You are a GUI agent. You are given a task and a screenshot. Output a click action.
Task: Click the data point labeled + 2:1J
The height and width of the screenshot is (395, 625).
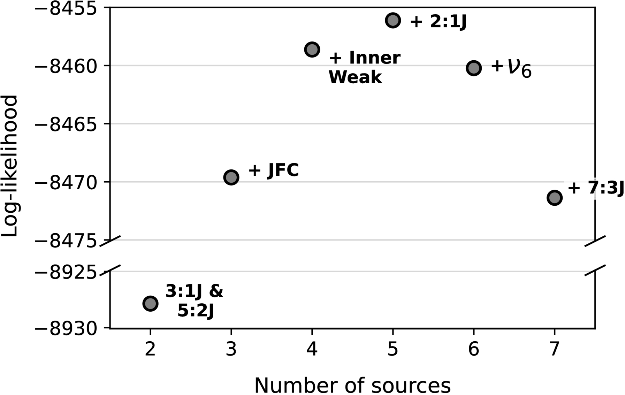pos(393,20)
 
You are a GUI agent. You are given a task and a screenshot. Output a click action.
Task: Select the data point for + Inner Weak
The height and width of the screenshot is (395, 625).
pos(312,50)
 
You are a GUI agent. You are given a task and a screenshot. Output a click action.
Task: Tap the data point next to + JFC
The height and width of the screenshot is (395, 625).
pos(231,177)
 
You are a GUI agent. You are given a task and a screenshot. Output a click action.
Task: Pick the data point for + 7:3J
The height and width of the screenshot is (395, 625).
pos(554,198)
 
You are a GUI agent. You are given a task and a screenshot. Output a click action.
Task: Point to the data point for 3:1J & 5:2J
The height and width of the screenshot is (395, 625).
pos(150,303)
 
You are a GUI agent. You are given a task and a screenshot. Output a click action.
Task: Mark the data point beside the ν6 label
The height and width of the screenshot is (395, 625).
pos(474,68)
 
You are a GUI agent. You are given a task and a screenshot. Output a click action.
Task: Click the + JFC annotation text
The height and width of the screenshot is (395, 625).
pos(274,170)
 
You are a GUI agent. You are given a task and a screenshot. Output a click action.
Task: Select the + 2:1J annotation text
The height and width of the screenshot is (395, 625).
pos(438,22)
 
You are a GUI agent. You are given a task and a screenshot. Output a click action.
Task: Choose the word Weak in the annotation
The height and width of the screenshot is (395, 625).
pos(355,77)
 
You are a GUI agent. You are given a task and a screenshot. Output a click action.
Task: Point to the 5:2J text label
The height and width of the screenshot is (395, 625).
pos(196,311)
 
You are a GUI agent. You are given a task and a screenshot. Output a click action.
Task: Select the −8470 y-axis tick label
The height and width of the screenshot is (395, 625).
pos(66,182)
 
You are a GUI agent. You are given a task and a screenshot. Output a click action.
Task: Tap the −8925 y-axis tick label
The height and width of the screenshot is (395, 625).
pos(66,272)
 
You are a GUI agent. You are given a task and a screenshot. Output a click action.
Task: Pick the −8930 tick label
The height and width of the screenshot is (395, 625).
pos(66,329)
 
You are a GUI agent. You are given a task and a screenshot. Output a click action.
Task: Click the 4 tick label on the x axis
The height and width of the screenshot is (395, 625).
pos(312,349)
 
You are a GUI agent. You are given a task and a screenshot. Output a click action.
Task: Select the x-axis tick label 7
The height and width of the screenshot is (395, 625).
pos(554,349)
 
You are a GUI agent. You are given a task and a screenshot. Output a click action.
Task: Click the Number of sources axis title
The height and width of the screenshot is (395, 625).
pos(352,385)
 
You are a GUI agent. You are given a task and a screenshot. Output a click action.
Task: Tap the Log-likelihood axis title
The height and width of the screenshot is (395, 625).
pos(9,166)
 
